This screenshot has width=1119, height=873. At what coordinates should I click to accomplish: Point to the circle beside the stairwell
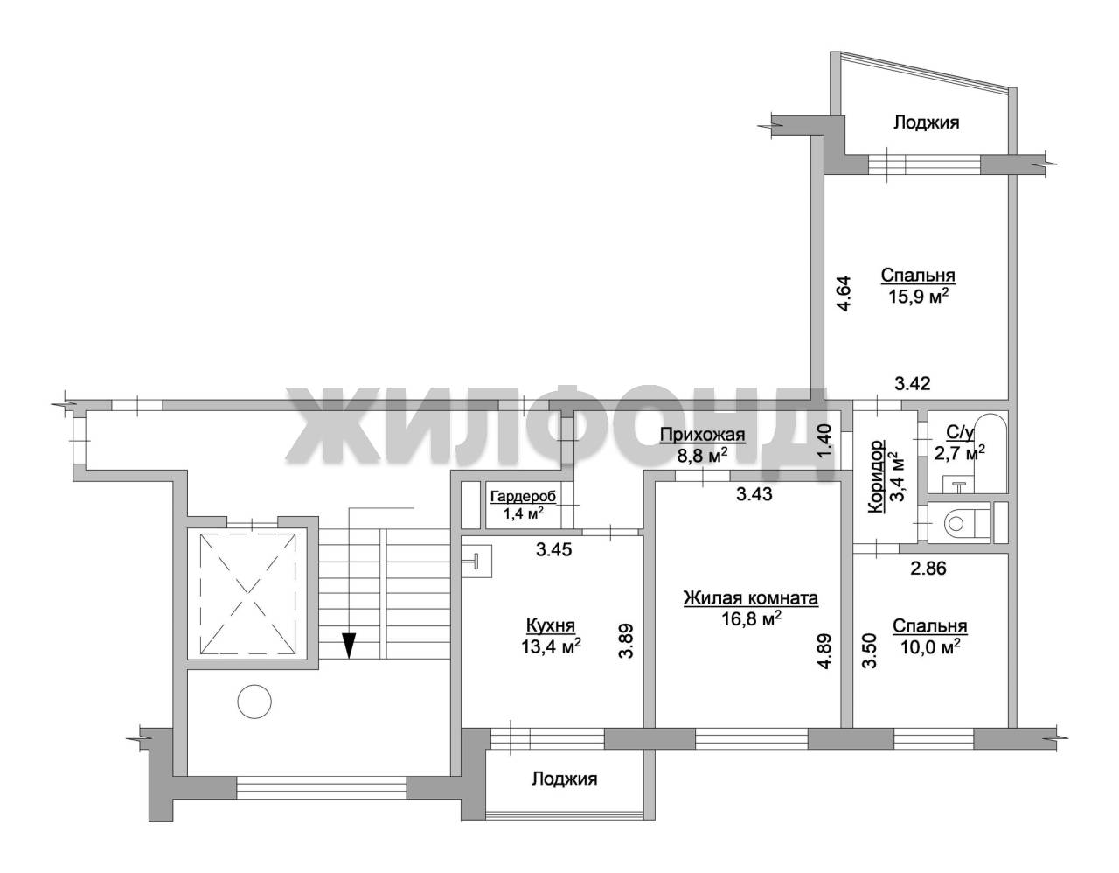coord(254,701)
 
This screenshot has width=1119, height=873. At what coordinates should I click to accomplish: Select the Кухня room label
coord(550,625)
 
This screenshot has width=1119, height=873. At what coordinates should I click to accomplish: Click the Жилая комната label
coord(751,598)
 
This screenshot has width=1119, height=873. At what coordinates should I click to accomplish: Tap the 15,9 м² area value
coord(918,297)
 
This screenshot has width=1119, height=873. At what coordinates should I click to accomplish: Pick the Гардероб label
coord(523,497)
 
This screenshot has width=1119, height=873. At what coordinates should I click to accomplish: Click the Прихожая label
coord(702,436)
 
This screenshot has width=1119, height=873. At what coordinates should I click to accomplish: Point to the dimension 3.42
coord(913,383)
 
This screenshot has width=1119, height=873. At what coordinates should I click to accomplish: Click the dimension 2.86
coord(928,569)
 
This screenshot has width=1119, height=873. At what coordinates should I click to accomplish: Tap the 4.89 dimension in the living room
coord(824,651)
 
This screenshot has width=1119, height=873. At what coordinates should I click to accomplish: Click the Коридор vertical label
coord(876,477)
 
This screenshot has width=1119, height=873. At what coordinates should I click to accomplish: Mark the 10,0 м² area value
coord(930,646)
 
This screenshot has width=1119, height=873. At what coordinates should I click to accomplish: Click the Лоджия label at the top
coord(926,123)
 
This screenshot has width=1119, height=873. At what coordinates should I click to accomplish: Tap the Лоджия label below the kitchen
coord(565,779)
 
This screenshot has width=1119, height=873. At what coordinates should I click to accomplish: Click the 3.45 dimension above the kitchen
coord(553,550)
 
